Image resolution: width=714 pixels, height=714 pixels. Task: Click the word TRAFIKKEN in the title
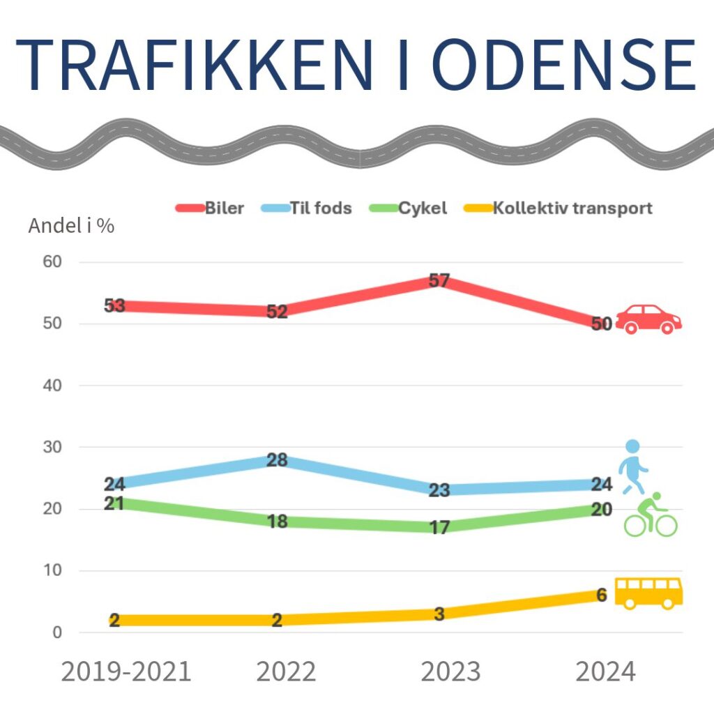[194, 64]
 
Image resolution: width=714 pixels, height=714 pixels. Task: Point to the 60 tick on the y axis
[53, 262]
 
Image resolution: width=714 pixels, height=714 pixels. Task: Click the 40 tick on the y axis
[53, 386]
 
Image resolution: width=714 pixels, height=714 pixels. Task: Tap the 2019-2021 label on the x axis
[126, 672]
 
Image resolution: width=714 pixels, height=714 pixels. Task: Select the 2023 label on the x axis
[450, 672]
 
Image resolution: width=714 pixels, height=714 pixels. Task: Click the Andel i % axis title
[71, 226]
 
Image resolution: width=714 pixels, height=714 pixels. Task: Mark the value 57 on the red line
[439, 281]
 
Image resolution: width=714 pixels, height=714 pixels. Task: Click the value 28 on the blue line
[277, 460]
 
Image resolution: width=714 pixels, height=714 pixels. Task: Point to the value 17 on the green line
[439, 528]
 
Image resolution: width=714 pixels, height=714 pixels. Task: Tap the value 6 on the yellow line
[601, 595]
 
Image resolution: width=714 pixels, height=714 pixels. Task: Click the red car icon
[648, 319]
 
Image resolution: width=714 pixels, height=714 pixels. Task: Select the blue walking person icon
[633, 466]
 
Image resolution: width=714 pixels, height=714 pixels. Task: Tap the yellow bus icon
[648, 593]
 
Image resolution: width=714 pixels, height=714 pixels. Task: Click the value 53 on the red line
[114, 305]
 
